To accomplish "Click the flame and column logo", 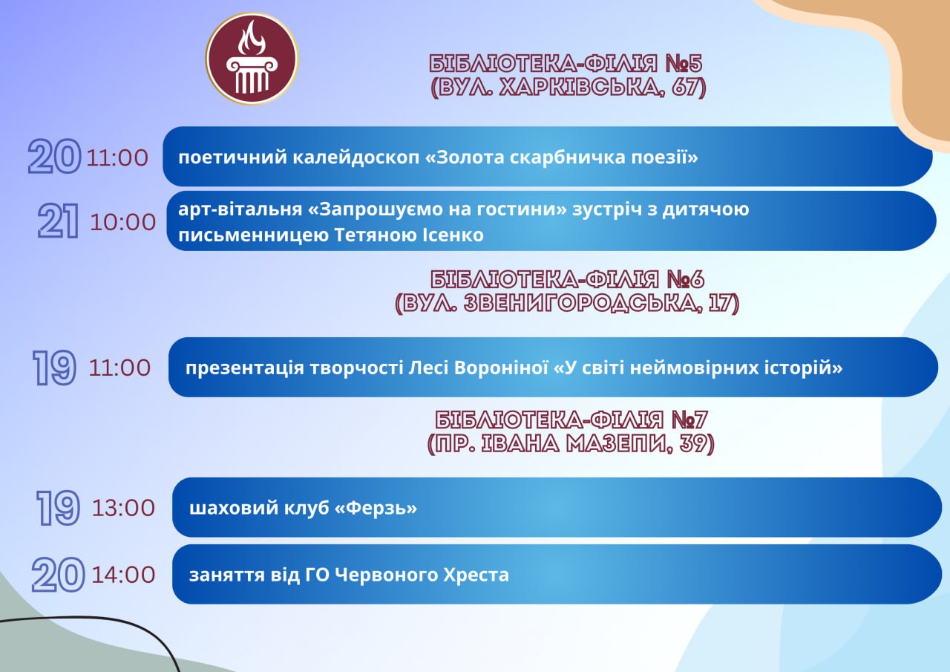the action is point(252,59).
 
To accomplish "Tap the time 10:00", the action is point(123,222).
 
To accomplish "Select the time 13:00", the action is point(123,508).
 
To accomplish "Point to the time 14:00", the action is point(123,575).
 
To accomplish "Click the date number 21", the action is point(58,221).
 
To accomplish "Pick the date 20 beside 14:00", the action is point(58,575).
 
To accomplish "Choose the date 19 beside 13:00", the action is point(58,508).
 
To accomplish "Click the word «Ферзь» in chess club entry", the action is point(376,508).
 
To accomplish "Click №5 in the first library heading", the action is point(684,64).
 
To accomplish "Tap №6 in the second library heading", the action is point(685,280).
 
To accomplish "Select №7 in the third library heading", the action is point(689,420).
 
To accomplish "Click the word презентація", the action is point(245,368).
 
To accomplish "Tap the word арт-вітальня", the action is point(240,209).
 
